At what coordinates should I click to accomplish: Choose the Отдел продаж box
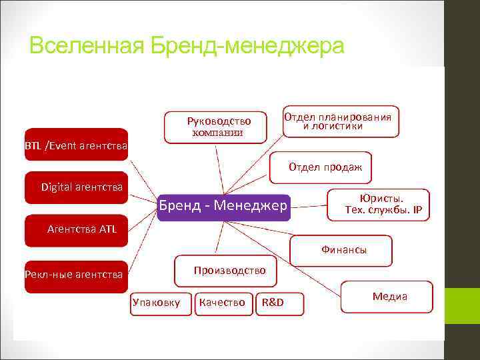pyautogui.click(x=321, y=168)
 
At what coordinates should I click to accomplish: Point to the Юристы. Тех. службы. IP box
pyautogui.click(x=379, y=204)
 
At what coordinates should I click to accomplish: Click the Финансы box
pyautogui.click(x=341, y=251)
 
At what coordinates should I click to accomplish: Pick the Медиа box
pyautogui.click(x=387, y=297)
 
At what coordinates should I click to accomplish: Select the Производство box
pyautogui.click(x=225, y=270)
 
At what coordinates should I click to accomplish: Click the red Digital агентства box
pyautogui.click(x=75, y=187)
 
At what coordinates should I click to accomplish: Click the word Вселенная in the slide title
pyautogui.click(x=86, y=46)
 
